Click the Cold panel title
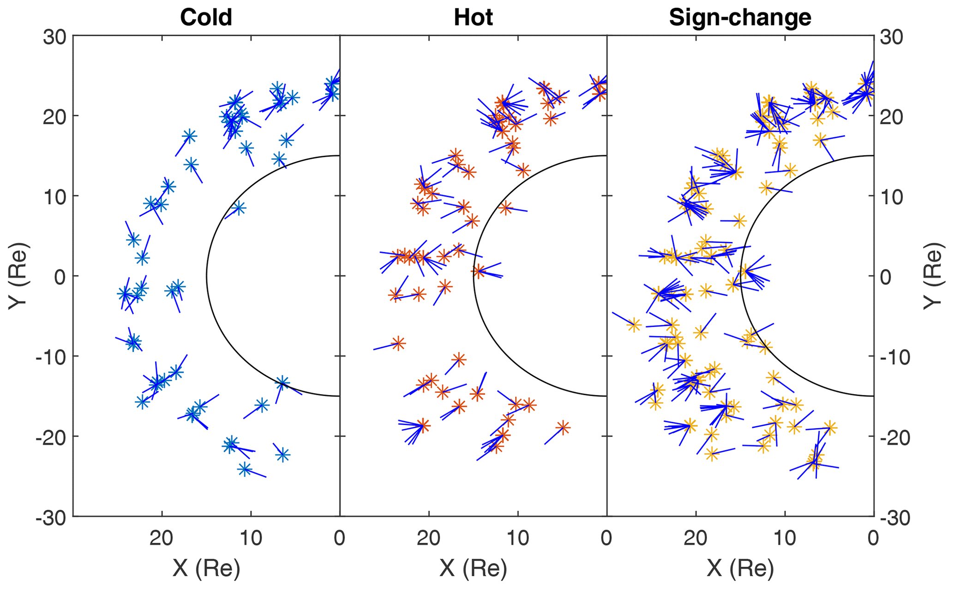206,18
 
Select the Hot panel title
473,18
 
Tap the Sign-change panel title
740,18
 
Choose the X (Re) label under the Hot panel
473,568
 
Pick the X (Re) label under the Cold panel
206,568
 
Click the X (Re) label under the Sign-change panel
740,568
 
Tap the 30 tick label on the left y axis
55,36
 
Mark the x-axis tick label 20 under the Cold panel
162,538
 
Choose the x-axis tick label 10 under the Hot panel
518,538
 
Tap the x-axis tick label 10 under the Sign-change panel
785,538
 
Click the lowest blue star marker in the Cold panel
245,469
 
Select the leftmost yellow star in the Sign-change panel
634,325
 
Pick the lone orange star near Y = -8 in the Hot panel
398,343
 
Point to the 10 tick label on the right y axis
891,196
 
